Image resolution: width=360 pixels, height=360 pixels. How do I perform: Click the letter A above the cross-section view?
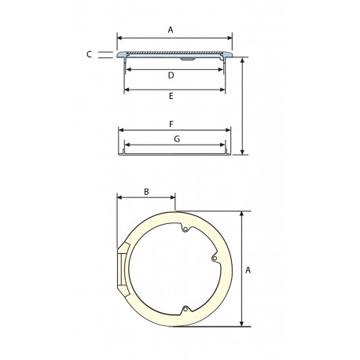[x=171, y=29]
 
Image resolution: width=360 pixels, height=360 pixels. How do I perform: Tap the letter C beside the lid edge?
[x=90, y=54]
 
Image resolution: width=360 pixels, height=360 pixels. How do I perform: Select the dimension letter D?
[x=171, y=75]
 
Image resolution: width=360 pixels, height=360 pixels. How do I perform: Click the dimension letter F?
[x=171, y=124]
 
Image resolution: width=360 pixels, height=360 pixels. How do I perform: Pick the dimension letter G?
[x=177, y=139]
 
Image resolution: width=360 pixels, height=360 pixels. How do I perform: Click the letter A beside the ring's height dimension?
[x=248, y=270]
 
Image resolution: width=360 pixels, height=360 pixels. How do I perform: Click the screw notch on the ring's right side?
[x=214, y=257]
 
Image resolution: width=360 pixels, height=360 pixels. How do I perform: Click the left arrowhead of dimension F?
[x=119, y=131]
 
